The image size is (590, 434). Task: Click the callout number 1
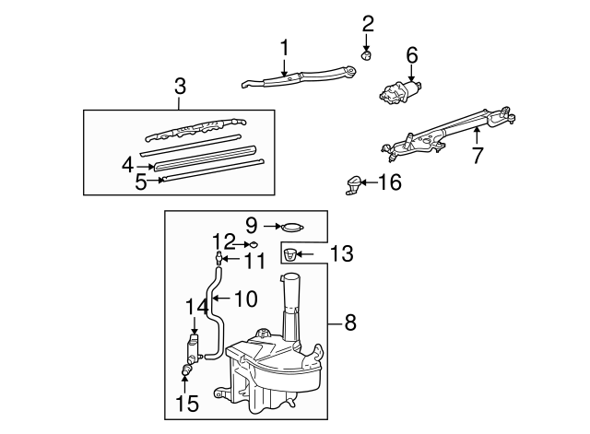coord(285,46)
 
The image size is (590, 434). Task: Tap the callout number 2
coord(368,23)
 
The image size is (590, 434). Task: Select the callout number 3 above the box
coord(180,87)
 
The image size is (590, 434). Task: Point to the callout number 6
coord(411,55)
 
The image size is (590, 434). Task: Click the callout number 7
coord(477,156)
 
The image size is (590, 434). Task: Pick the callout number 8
coord(350,323)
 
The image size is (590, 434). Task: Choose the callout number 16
coord(390,182)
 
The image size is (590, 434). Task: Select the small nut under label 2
coord(366,55)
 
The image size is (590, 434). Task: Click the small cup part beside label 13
coord(290,254)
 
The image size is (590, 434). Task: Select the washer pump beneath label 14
coord(194,347)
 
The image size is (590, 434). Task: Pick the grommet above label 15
coord(187,370)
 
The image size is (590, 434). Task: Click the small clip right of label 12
coord(250,244)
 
